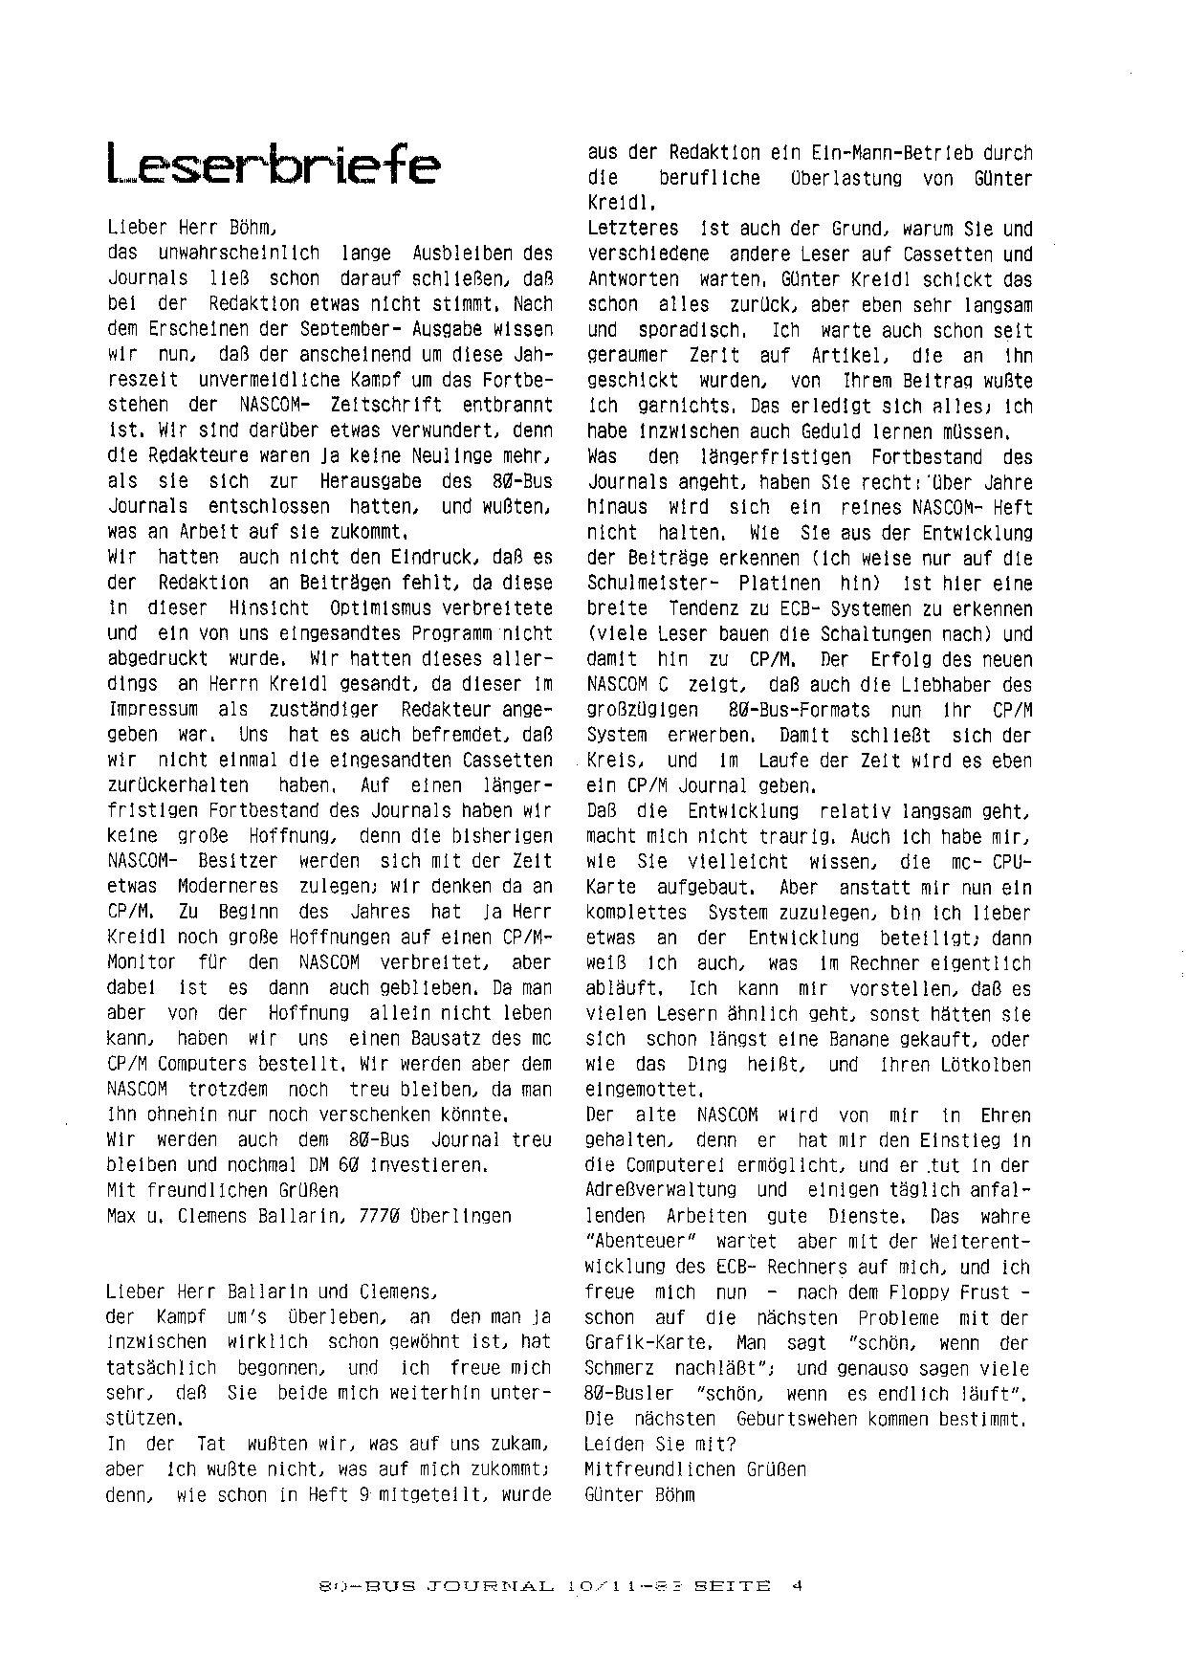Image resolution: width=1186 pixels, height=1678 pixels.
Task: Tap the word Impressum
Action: (x=151, y=710)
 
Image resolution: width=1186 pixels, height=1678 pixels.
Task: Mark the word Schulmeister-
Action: (x=638, y=584)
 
